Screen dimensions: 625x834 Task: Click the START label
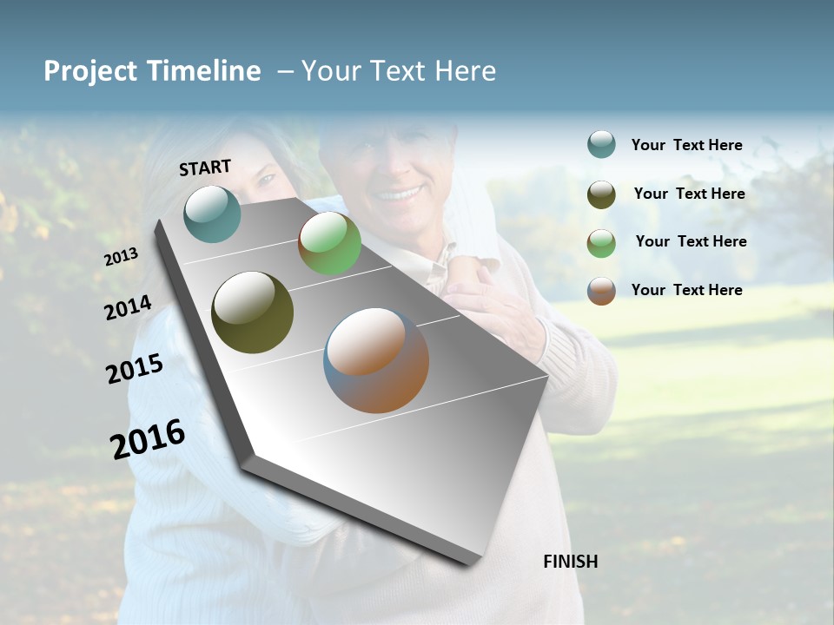click(x=205, y=168)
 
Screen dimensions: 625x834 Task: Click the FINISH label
click(x=571, y=562)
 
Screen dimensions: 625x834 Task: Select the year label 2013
click(x=121, y=257)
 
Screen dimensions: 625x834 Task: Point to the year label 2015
click(x=135, y=368)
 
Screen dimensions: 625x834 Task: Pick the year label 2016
click(x=148, y=438)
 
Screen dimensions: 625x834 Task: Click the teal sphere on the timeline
click(x=212, y=214)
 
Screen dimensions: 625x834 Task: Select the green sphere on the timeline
click(x=329, y=243)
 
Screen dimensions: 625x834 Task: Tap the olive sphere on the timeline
click(x=252, y=312)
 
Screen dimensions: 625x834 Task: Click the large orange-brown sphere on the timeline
click(x=376, y=360)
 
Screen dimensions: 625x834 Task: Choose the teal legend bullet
click(x=601, y=144)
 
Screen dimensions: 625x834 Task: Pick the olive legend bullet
click(x=601, y=194)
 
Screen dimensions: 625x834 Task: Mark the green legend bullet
click(x=601, y=243)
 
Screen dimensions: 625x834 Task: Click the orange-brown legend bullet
click(x=601, y=291)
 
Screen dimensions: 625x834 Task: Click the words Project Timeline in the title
click(x=152, y=71)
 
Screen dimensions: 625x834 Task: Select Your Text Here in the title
click(x=398, y=71)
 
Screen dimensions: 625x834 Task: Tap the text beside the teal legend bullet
click(x=686, y=145)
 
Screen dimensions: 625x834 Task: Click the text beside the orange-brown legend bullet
click(x=686, y=290)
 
